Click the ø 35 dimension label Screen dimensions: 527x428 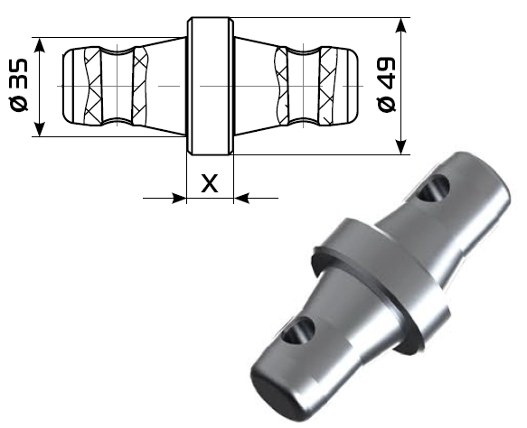19,85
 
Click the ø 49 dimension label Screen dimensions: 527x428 387,85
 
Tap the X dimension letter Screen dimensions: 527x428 210,183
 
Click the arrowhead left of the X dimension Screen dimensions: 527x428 179,198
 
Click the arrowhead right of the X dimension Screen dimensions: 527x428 241,198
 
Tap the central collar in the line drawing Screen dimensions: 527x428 210,86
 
